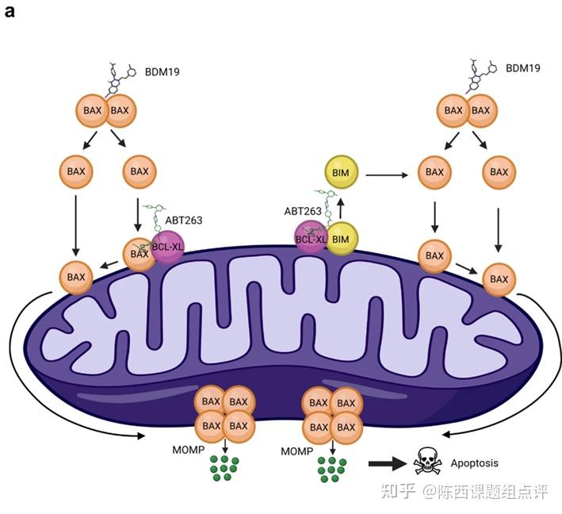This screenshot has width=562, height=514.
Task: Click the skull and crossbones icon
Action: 425,462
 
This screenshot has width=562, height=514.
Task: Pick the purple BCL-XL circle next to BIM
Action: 311,237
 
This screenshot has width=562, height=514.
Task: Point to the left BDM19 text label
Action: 162,71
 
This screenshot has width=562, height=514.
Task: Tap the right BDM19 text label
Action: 523,67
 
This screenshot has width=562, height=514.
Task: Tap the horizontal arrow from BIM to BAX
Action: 388,171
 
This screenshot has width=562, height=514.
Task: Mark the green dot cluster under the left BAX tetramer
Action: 224,468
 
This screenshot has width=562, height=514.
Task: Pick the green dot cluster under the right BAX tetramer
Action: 332,468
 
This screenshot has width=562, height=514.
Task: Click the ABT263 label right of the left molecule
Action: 182,219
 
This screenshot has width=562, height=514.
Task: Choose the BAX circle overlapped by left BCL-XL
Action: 136,254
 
